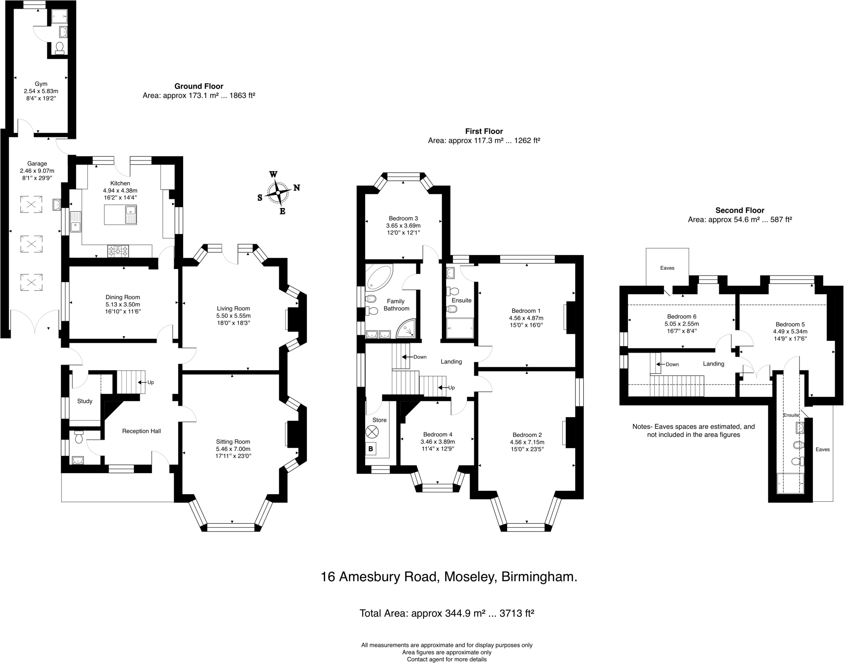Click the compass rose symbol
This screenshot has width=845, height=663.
[x=279, y=193]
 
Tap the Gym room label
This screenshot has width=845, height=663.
[x=41, y=84]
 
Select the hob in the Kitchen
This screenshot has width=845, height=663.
[x=118, y=250]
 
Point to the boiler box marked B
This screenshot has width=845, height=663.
[x=371, y=448]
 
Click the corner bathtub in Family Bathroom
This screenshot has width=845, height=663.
[x=378, y=276]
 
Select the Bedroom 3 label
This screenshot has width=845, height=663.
[x=403, y=218]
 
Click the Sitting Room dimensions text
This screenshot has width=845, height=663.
[x=233, y=453]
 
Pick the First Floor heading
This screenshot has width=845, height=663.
[x=484, y=131]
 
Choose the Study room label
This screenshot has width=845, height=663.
[x=85, y=401]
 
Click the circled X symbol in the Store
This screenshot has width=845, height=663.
[x=372, y=432]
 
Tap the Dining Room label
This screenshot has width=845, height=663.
[x=123, y=297]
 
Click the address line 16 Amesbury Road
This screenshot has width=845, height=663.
[x=449, y=576]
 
